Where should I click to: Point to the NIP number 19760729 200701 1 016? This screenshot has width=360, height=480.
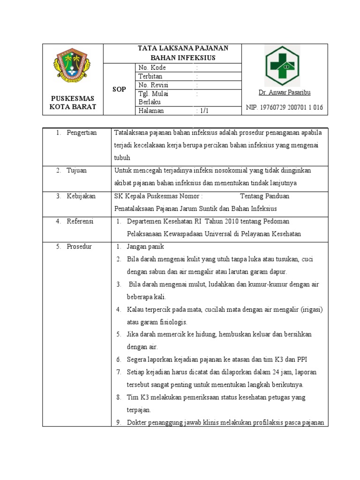[x=285, y=107]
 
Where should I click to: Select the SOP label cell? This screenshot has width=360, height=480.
[x=119, y=89]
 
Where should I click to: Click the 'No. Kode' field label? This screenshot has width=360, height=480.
[x=152, y=67]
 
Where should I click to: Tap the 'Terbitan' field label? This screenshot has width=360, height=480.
[x=150, y=76]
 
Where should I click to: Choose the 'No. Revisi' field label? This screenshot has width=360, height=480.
[x=153, y=85]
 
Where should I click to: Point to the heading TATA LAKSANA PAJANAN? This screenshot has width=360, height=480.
[x=182, y=48]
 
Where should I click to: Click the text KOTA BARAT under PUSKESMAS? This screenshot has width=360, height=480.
[x=73, y=107]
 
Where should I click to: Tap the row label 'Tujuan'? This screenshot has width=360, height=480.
[x=77, y=171]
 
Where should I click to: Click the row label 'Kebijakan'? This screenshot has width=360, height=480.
[x=81, y=196]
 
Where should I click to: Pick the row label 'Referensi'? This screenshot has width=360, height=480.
[x=80, y=221]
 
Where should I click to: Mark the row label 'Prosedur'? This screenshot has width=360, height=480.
[x=79, y=247]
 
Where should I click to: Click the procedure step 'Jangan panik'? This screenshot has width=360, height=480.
[x=145, y=247]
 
